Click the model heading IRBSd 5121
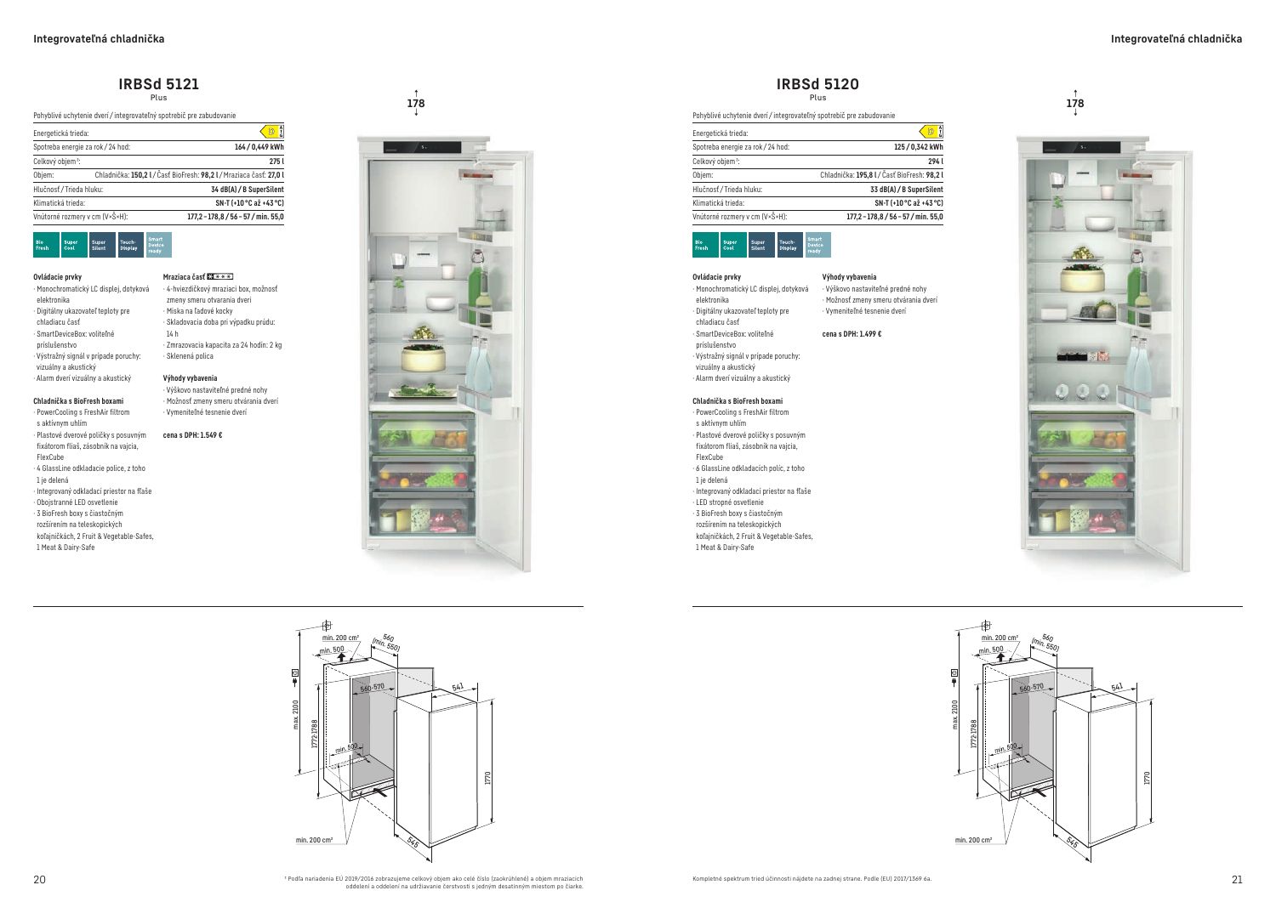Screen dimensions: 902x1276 tap(159, 84)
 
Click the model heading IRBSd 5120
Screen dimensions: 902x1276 tap(817, 84)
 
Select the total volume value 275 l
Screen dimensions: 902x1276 tap(276, 162)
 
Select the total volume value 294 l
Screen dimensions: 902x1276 tap(935, 162)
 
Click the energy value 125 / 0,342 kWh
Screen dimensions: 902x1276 tap(918, 147)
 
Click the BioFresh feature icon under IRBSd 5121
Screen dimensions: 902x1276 tap(46, 245)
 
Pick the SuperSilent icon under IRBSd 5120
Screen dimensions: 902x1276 tap(761, 245)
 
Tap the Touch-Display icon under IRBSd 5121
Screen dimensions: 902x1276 tap(130, 245)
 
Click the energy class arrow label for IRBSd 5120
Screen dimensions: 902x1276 tap(931, 131)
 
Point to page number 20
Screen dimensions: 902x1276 tap(39, 879)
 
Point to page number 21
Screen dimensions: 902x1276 tap(1236, 879)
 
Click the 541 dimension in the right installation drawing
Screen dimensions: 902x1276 tap(1117, 687)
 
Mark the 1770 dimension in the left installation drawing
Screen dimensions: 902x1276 tap(487, 777)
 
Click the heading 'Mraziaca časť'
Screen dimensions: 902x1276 tap(184, 277)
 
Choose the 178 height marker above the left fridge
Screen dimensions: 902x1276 tap(416, 104)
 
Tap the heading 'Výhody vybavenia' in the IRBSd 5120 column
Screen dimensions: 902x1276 tap(849, 277)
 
